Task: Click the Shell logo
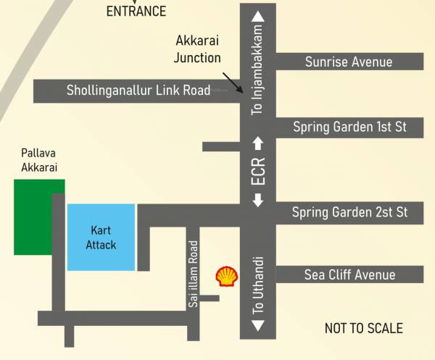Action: click(x=226, y=276)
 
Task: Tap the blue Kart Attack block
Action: click(x=101, y=238)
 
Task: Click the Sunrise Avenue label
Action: click(x=349, y=62)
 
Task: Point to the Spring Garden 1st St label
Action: click(x=349, y=127)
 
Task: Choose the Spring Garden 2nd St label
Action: click(x=349, y=212)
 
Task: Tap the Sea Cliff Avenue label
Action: click(x=349, y=275)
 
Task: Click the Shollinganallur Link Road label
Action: click(x=138, y=91)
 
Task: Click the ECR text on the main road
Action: click(x=258, y=172)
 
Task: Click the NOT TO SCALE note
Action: click(x=363, y=328)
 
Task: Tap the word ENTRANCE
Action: click(x=136, y=11)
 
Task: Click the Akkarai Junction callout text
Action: click(x=198, y=49)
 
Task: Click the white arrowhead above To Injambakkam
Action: click(x=257, y=17)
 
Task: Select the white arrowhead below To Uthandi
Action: click(x=257, y=327)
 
